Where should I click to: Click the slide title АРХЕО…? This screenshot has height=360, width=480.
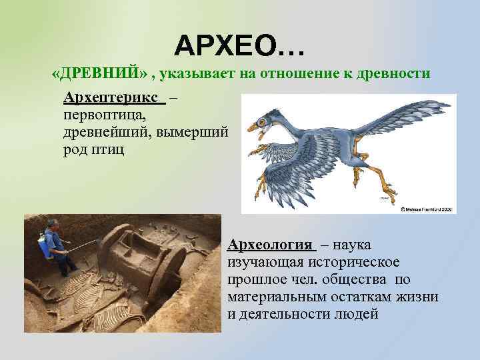pos(239,45)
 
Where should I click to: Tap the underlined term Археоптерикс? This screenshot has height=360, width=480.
pos(113,98)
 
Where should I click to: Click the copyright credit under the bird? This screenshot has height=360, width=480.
pos(427,209)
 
